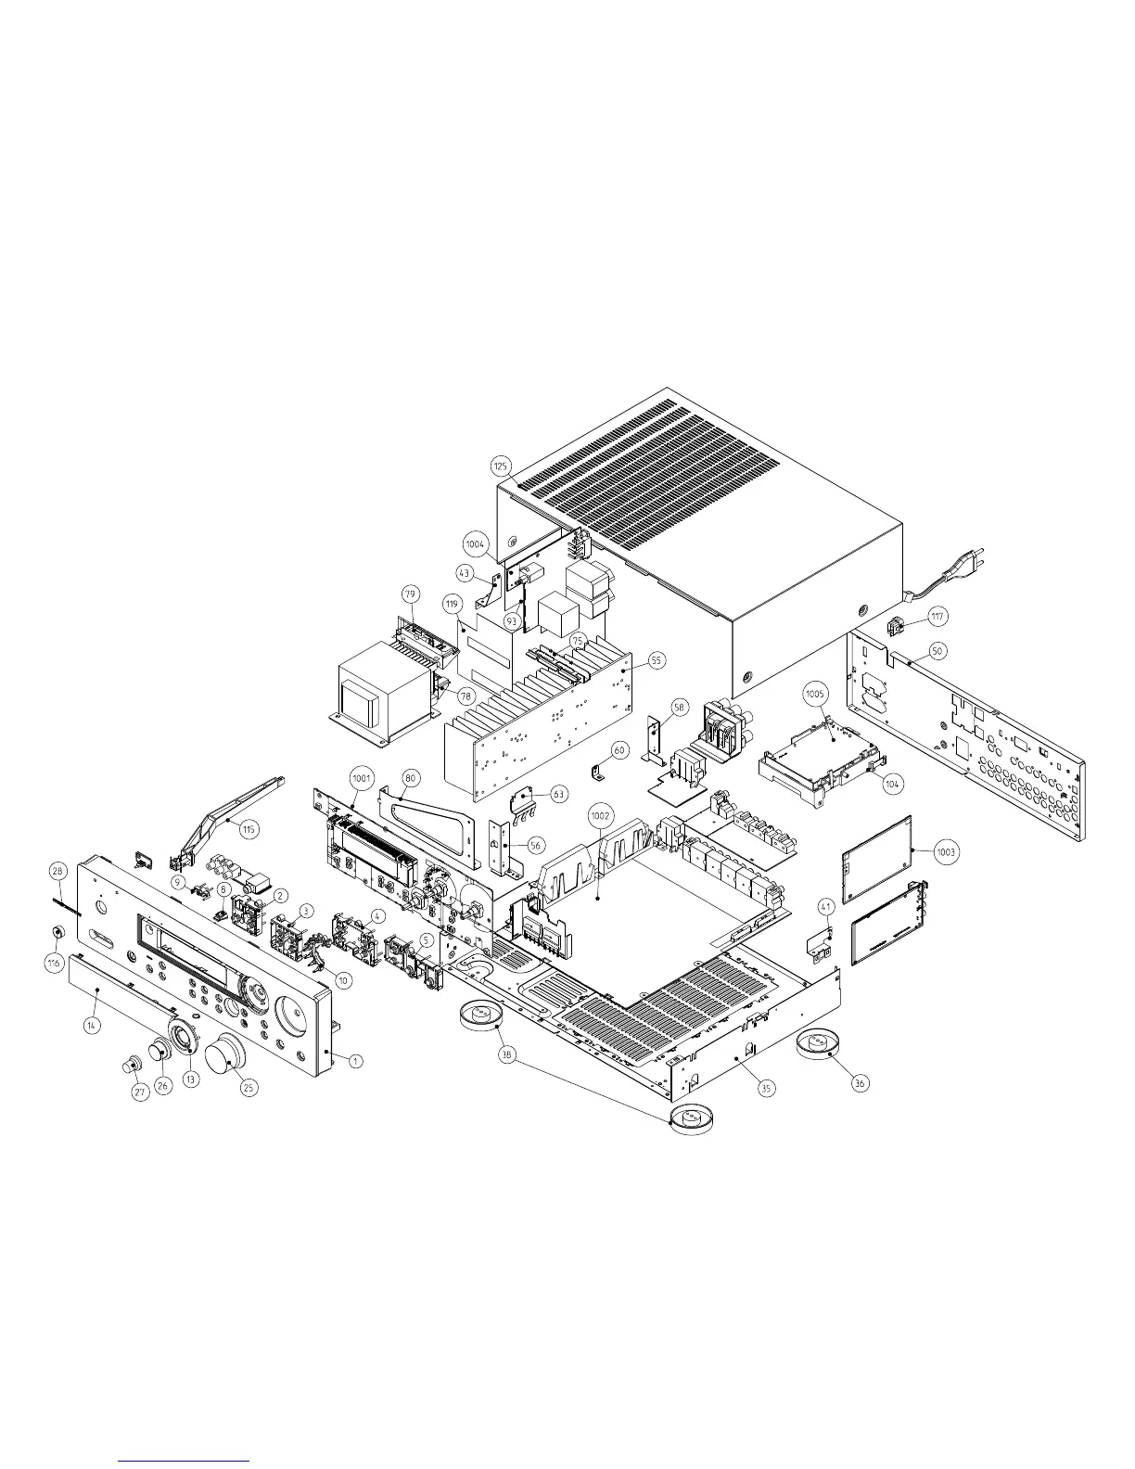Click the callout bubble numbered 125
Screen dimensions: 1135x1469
tap(501, 465)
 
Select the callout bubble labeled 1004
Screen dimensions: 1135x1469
tap(476, 543)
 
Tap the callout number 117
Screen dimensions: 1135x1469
tap(938, 615)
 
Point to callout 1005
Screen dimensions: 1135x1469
tap(815, 694)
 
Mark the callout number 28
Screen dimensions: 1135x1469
tap(57, 871)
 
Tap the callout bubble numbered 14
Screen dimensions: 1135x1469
tap(92, 1026)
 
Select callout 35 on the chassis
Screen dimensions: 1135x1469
tap(766, 1089)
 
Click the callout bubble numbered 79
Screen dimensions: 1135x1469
tap(410, 593)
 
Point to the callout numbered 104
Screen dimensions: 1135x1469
tap(892, 784)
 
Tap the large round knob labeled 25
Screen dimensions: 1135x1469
tap(223, 1056)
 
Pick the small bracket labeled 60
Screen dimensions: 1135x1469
tap(597, 769)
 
